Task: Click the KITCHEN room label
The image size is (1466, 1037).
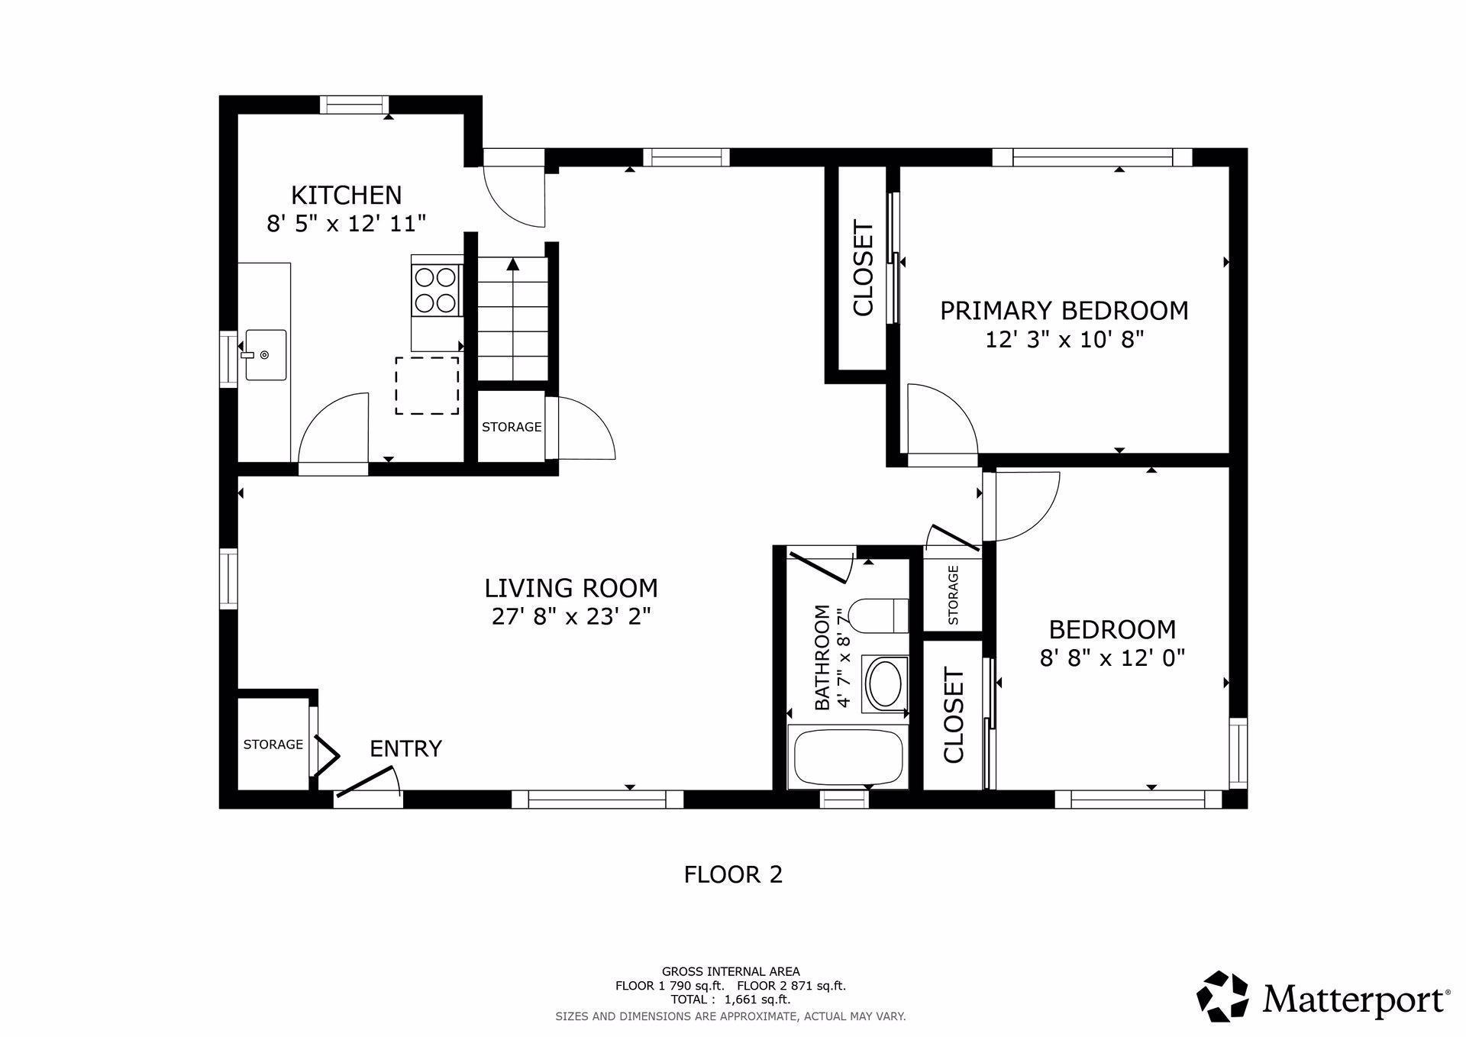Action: (x=346, y=195)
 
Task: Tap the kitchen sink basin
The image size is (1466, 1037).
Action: (x=266, y=355)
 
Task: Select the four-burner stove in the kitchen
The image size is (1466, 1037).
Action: (x=436, y=289)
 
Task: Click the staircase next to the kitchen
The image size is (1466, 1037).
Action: (x=513, y=319)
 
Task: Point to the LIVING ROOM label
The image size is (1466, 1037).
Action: (x=571, y=588)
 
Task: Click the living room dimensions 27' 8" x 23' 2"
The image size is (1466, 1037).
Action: (x=571, y=616)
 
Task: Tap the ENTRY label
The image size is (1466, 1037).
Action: (x=405, y=748)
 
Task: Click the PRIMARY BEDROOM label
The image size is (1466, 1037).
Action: (x=1064, y=311)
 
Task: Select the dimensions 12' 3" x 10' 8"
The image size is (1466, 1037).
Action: (x=1064, y=339)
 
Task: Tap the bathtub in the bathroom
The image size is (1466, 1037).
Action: (x=848, y=758)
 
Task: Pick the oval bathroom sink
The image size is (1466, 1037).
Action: (x=885, y=683)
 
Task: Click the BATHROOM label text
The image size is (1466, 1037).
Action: (x=822, y=657)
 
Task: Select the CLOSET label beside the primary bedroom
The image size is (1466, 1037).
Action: (x=863, y=268)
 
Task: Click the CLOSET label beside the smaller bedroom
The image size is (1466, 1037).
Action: (x=954, y=716)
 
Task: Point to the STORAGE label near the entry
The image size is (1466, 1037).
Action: (x=273, y=745)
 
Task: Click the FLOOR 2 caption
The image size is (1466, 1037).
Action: (x=733, y=874)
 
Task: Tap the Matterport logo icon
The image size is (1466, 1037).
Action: (x=1222, y=996)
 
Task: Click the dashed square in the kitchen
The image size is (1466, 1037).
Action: (x=427, y=386)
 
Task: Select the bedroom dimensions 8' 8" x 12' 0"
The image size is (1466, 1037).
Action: (x=1112, y=657)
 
